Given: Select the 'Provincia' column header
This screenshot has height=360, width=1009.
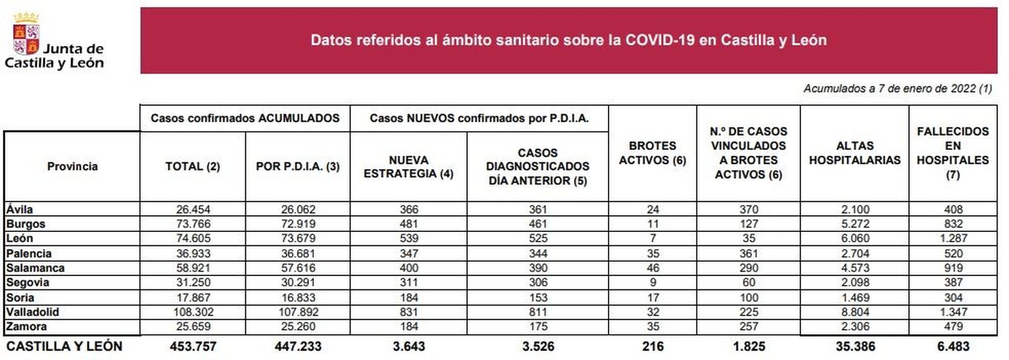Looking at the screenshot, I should (x=73, y=166).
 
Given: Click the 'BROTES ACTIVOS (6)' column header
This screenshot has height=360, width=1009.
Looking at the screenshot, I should (x=652, y=153).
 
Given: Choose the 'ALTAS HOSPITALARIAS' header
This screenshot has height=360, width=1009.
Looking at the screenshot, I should (x=854, y=153).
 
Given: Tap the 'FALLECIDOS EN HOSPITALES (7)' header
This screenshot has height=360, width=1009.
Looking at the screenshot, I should (x=952, y=153).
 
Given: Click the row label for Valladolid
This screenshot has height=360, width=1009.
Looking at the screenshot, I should (x=33, y=312).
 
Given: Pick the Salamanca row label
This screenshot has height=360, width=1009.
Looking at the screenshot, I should (x=35, y=268).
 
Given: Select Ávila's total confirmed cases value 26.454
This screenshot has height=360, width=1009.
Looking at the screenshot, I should (x=192, y=209).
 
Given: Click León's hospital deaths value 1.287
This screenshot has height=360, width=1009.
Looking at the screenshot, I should (x=953, y=238).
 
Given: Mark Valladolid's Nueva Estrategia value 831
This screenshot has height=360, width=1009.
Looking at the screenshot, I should (x=409, y=312).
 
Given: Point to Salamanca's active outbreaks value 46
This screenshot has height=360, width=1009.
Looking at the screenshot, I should (x=653, y=268).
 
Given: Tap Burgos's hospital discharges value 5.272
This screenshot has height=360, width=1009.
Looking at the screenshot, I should (x=854, y=224).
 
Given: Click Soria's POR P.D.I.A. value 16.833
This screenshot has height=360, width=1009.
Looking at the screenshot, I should (x=298, y=298).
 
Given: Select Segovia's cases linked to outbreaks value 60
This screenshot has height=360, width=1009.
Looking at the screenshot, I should (x=748, y=282).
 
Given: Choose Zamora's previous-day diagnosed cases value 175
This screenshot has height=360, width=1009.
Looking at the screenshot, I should (x=537, y=327).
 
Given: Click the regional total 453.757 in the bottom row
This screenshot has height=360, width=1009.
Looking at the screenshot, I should (x=192, y=346).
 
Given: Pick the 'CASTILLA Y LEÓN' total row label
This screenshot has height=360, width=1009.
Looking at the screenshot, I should (x=64, y=346).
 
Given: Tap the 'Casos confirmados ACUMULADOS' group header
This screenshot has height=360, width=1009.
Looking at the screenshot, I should (x=245, y=119).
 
